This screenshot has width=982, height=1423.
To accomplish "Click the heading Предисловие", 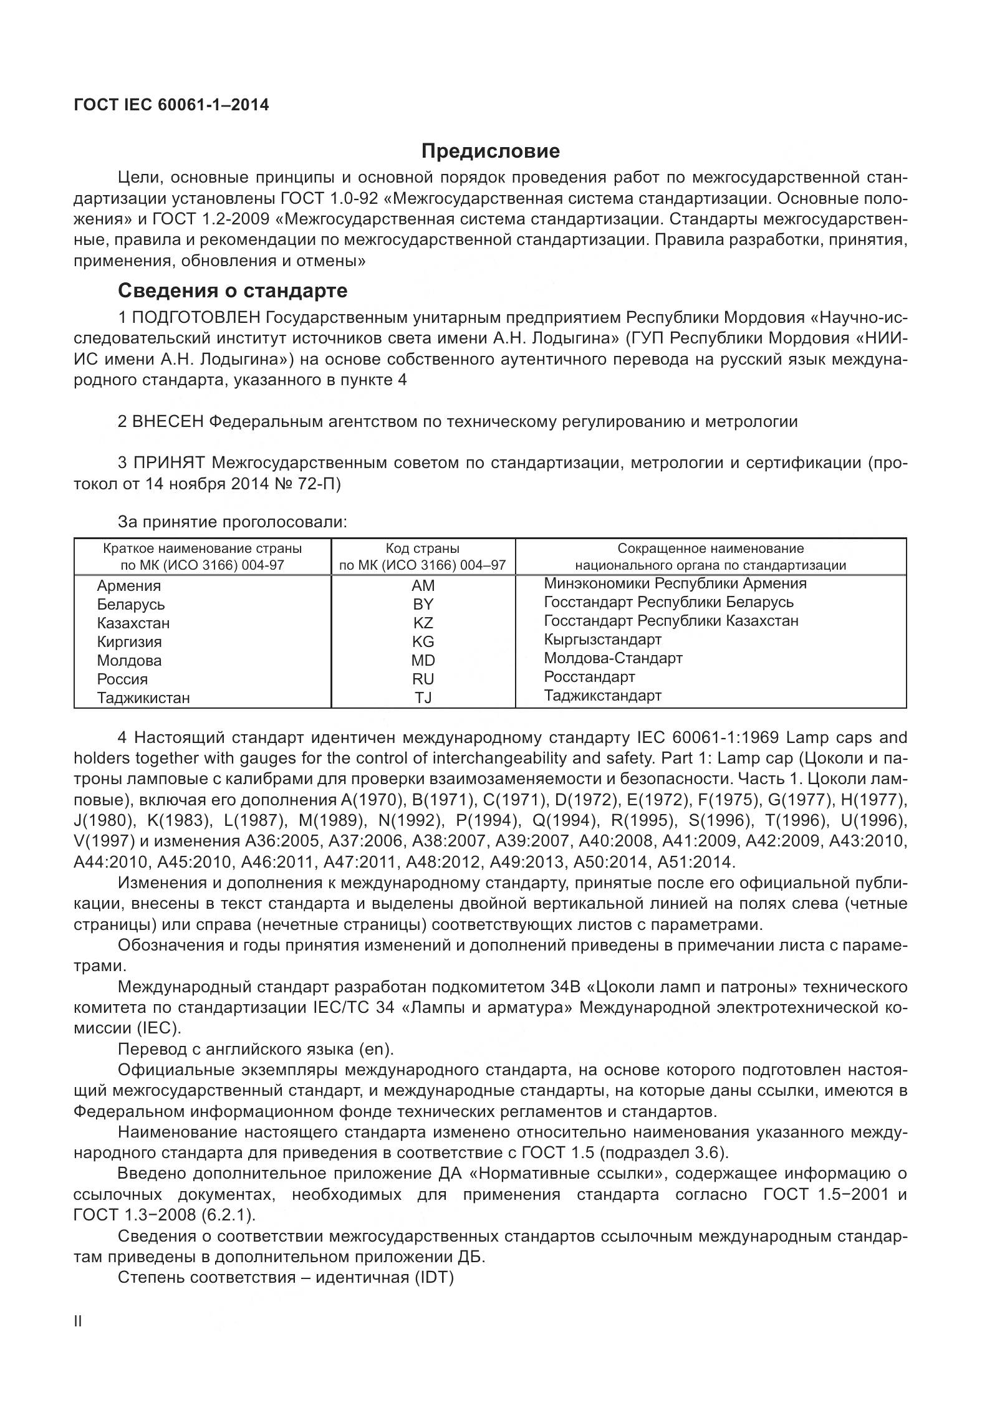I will (490, 151).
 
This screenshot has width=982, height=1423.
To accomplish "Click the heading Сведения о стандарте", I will (233, 290).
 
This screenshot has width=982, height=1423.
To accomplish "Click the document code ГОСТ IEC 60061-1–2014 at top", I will (171, 105).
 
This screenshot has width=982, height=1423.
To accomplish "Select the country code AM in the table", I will (423, 586).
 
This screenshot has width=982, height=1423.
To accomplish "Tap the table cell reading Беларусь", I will (131, 605).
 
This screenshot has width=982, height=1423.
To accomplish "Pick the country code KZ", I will (423, 623).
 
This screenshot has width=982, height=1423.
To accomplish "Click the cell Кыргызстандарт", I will (602, 640).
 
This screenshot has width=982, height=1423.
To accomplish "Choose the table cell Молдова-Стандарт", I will (613, 658).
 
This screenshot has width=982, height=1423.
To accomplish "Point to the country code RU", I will (423, 679).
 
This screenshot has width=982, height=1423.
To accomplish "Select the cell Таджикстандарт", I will (602, 696).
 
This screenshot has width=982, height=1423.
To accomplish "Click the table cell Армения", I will (129, 586).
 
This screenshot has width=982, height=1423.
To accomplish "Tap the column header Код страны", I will (423, 549).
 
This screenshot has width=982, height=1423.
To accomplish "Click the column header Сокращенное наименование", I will (710, 549).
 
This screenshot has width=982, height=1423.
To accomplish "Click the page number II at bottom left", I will (78, 1339).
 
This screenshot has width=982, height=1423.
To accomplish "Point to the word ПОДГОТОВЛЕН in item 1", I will (196, 318).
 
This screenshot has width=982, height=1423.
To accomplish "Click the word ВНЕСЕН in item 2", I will (168, 422).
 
